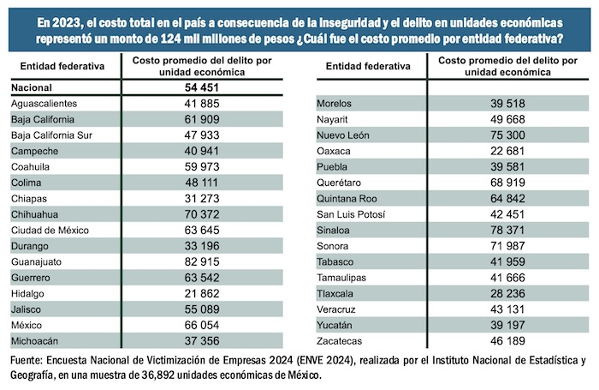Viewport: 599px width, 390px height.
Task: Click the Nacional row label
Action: (x=32, y=88)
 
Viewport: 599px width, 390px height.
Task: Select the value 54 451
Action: (x=198, y=88)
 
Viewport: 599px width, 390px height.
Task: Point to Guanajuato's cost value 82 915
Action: (x=198, y=261)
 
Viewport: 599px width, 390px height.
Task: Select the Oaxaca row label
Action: (x=335, y=151)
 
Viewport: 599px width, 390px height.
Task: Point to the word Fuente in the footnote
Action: (x=29, y=359)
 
